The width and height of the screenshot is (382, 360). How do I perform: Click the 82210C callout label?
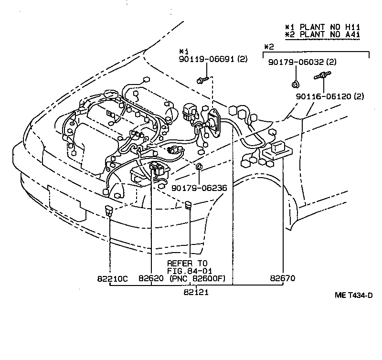[x=110, y=277]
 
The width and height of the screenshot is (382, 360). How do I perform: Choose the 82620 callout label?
[x=151, y=277]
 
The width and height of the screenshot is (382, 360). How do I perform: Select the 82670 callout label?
[x=283, y=277]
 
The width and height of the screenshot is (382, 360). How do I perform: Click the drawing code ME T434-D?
[x=353, y=296]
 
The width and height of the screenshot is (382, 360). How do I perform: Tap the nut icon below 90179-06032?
[x=295, y=85]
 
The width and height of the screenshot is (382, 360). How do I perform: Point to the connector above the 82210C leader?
[x=109, y=211]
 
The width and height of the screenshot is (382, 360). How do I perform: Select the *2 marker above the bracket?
[x=269, y=47]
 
